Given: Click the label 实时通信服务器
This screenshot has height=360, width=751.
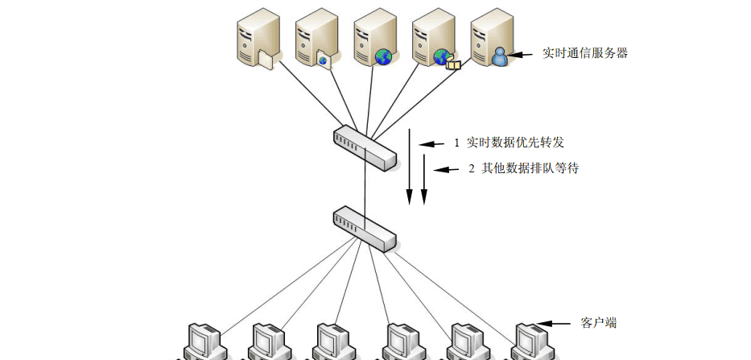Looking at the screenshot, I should [585, 54].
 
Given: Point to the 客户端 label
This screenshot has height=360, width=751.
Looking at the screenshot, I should [599, 323].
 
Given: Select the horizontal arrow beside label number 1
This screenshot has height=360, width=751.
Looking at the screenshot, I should [431, 143].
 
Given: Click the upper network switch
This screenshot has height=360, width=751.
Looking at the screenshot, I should [365, 147].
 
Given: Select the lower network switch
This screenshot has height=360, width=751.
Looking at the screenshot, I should [365, 228].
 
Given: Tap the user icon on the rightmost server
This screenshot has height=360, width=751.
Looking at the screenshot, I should [500, 57].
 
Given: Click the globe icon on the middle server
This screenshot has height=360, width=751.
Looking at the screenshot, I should [383, 56].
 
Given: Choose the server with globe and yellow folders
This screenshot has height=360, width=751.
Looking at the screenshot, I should [434, 40].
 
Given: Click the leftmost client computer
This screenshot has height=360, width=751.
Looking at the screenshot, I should [202, 341].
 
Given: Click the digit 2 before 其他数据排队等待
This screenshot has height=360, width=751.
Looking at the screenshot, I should [472, 169].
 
